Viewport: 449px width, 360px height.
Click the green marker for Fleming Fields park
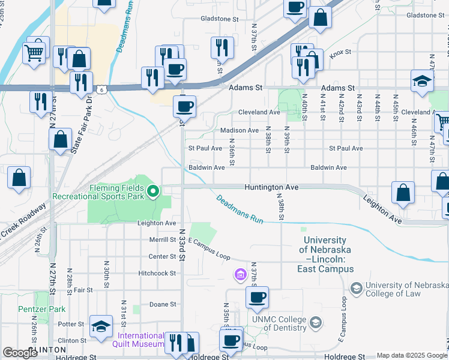coord(153,191)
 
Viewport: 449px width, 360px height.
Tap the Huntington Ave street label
coord(271,187)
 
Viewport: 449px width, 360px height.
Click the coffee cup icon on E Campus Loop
coord(257,297)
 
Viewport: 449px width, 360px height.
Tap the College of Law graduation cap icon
coord(357,289)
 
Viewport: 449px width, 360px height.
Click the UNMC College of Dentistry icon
coord(315,324)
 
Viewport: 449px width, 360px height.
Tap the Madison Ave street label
coord(240,130)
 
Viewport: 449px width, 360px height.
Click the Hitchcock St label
coord(156,273)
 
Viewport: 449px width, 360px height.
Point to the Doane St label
coord(162,304)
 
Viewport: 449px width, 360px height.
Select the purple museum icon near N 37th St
coord(240,275)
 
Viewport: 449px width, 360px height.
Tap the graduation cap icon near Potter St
coord(101,326)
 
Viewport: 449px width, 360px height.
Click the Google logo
coord(20,353)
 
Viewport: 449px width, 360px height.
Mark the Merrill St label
coord(162,239)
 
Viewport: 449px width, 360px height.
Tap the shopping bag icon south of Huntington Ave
coord(403,193)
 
